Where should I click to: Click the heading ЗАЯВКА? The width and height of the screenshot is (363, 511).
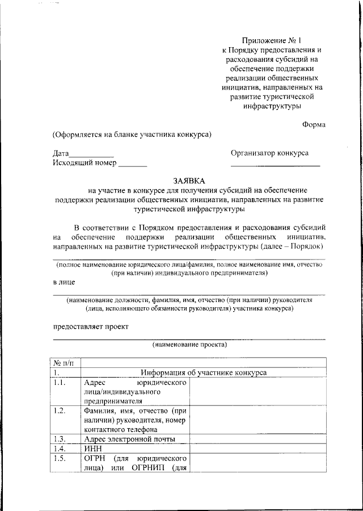click(189, 180)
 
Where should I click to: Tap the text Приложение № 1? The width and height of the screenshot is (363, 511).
click(272, 40)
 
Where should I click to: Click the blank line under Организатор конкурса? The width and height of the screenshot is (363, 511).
click(275, 165)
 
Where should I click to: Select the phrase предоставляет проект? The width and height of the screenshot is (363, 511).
click(91, 326)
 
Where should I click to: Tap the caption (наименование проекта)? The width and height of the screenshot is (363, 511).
click(189, 345)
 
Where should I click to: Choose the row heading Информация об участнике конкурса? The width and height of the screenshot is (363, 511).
click(204, 372)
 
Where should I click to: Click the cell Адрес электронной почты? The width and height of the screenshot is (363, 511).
click(129, 439)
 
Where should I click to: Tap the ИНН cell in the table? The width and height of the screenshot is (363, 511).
click(92, 449)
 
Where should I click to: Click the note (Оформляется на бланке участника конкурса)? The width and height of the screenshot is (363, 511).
click(132, 135)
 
